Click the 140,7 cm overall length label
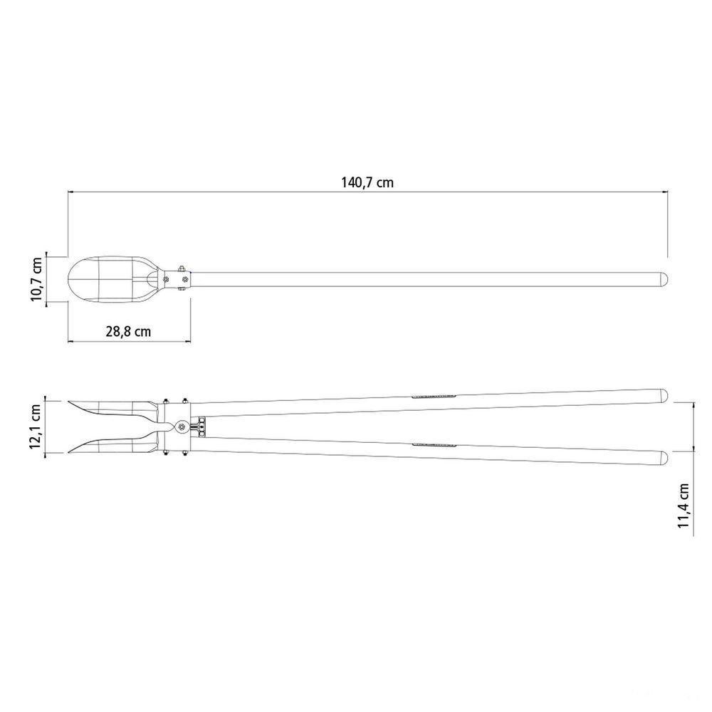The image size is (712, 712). point(367,182)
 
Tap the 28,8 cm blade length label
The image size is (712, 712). point(128,332)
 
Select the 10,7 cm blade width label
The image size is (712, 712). point(36,279)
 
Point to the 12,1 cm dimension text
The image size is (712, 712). point(36,426)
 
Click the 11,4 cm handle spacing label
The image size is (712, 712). point(684,506)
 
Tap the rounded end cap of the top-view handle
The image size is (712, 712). point(664,279)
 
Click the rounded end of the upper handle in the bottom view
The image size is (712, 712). point(664,395)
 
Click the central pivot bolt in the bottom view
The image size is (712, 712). point(182,426)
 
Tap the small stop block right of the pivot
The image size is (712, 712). point(200,426)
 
